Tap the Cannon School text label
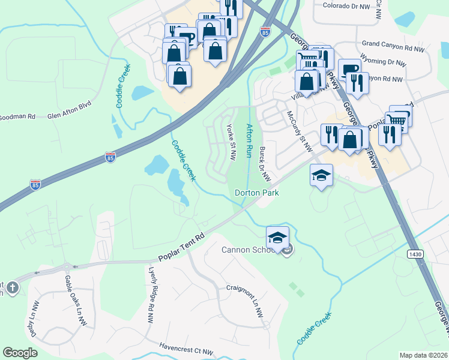[x=249, y=250]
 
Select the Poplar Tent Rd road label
[x=182, y=248]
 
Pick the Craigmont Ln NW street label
[x=246, y=296]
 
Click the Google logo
[x=20, y=353]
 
